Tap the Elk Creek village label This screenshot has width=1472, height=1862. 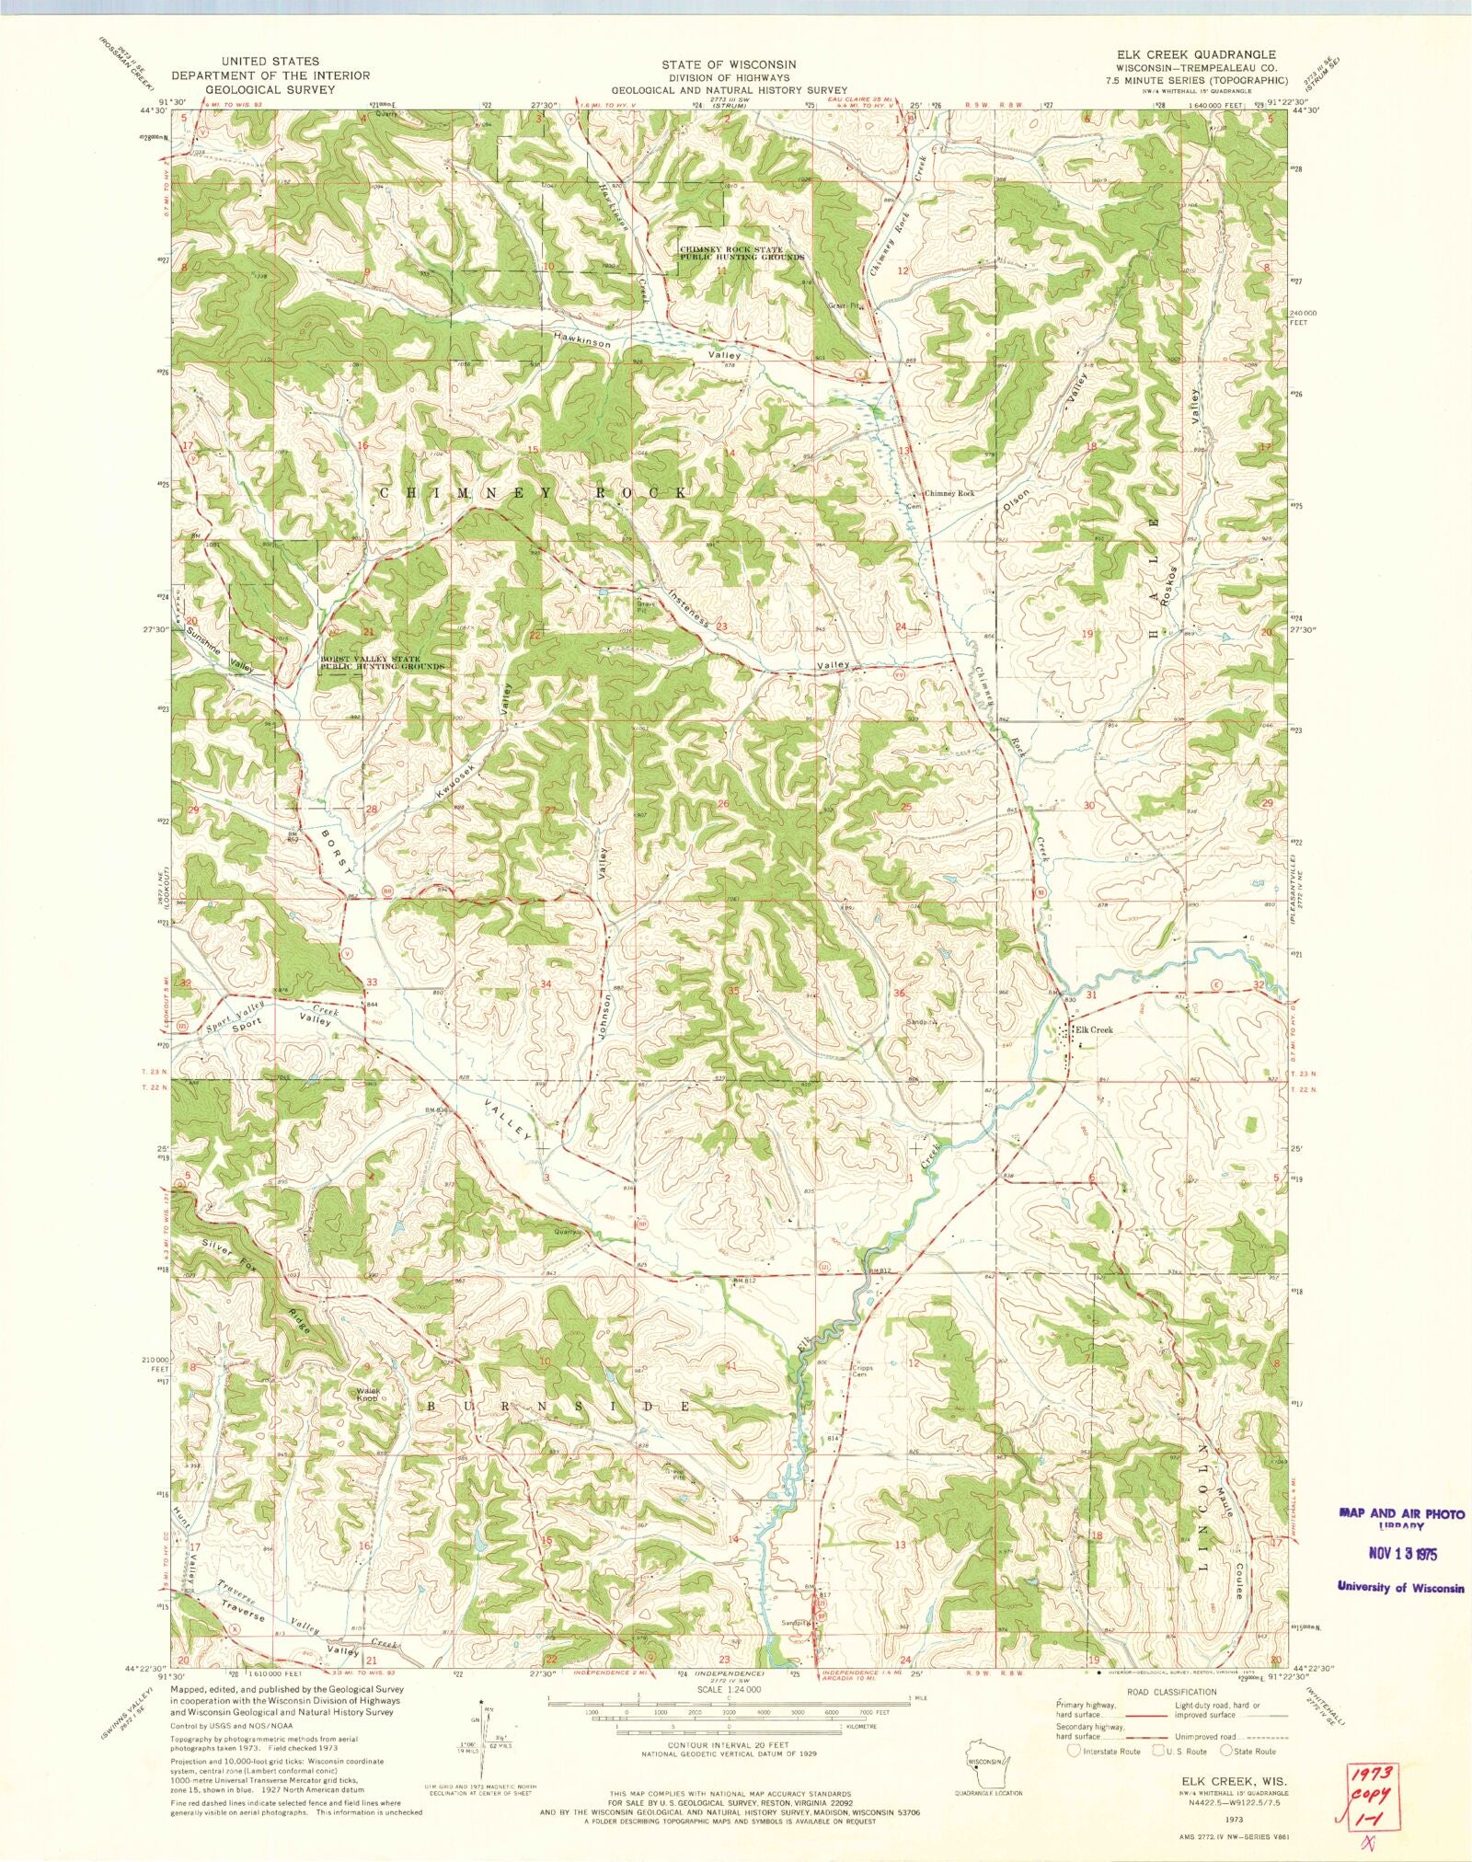coord(1094,1030)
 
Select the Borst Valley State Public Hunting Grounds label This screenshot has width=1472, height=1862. coord(383,663)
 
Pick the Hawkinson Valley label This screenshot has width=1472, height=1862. coord(644,348)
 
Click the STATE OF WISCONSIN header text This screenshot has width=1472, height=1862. coord(728,64)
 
